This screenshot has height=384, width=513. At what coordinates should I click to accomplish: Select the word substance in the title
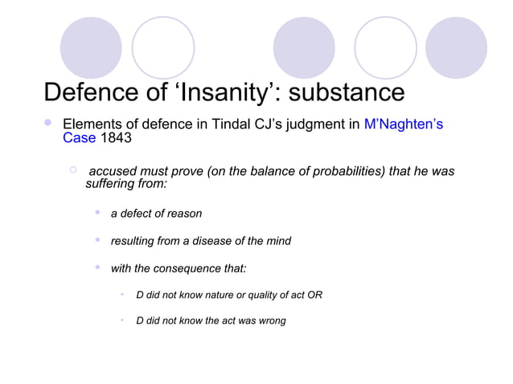coord(347,92)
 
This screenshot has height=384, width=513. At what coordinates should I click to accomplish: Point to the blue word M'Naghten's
coord(404,125)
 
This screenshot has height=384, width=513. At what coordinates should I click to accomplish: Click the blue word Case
coord(79,137)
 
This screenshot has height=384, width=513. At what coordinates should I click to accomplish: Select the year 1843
coord(115,137)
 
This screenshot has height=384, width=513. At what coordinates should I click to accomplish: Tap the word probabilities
coord(320,172)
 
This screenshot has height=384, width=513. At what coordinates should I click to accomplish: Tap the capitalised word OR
coord(314,295)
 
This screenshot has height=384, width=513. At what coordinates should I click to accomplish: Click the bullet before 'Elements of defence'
coord(48,124)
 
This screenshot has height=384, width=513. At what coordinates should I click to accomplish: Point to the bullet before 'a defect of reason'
coord(96,213)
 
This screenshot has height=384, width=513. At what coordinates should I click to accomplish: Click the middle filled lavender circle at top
coord(304,47)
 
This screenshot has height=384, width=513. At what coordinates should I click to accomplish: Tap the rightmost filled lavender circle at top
coord(456,47)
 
